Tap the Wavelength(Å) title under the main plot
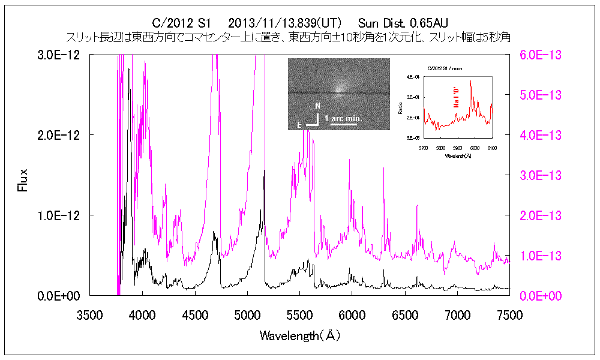click(300, 335)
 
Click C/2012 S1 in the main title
click(181, 23)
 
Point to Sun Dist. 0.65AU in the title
click(403, 23)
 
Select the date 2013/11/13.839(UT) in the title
click(285, 23)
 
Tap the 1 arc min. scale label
click(344, 119)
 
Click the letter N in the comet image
click(317, 106)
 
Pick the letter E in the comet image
click(299, 125)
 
